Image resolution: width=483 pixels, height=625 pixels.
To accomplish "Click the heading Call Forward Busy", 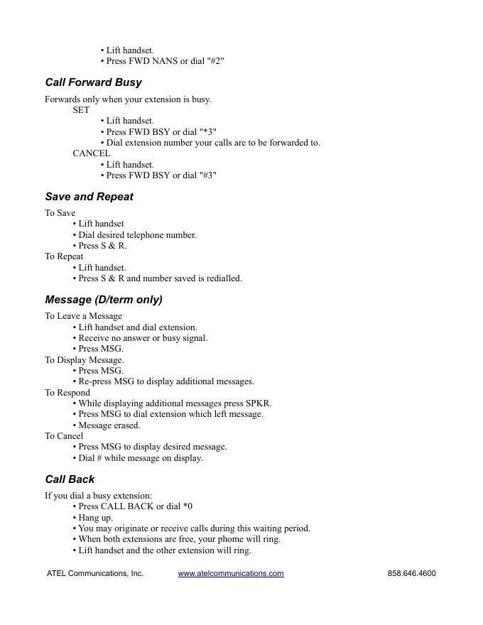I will [93, 82].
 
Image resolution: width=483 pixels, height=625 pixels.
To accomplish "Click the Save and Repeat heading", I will [89, 197].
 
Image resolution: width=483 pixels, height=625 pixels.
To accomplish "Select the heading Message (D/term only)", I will [104, 300].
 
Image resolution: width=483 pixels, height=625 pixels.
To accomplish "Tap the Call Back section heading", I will [70, 479].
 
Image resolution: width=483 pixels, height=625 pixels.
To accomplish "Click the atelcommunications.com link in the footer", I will [231, 574].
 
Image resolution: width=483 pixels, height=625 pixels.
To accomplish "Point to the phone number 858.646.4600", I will [412, 574].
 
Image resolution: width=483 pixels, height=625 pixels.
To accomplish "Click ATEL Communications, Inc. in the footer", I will [95, 574].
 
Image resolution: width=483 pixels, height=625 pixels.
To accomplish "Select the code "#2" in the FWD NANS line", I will [215, 61].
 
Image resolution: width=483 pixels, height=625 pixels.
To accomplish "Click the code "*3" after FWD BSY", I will [208, 132].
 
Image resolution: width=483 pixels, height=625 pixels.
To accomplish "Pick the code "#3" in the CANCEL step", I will [208, 175].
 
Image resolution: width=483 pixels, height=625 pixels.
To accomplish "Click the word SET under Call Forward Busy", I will [81, 110].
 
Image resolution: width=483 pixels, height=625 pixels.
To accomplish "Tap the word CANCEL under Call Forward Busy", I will [91, 153].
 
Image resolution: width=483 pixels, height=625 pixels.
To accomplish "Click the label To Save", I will [60, 213].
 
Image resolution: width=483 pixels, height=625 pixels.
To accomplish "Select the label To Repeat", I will [64, 256].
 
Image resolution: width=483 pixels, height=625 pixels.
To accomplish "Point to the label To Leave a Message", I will [83, 316].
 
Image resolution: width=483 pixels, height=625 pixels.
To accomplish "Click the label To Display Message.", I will [84, 360].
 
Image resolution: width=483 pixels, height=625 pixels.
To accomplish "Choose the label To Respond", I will [67, 393].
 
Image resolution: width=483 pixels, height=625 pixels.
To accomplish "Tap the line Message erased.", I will [109, 425].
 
